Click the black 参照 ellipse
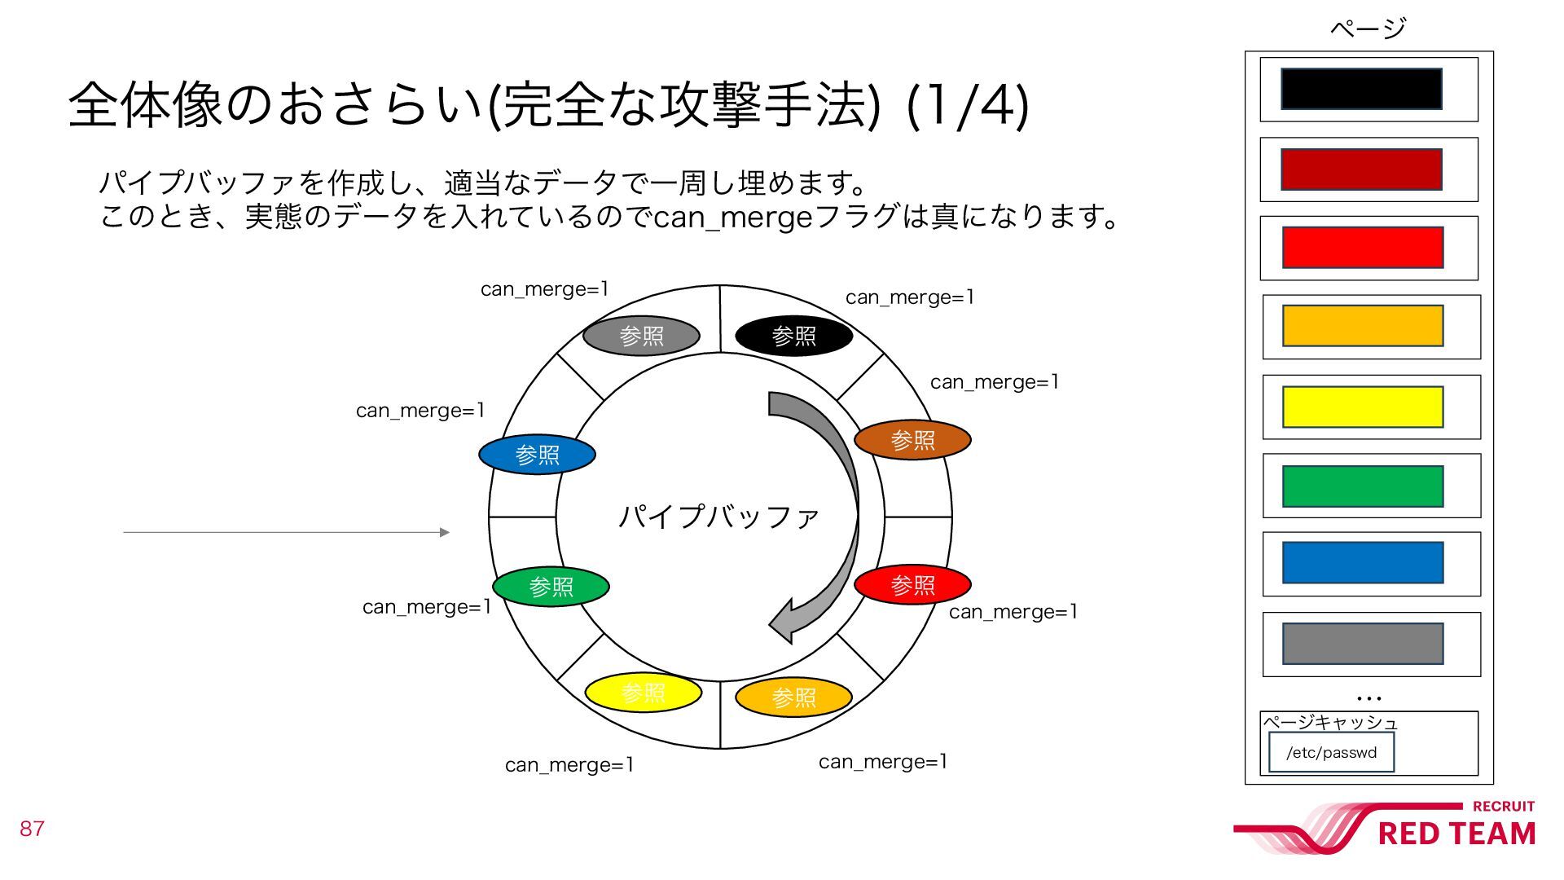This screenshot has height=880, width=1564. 793,336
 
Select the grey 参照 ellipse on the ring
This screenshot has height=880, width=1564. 641,336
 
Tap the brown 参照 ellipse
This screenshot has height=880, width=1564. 912,440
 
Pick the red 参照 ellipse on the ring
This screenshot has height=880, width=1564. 912,584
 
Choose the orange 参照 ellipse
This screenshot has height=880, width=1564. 793,697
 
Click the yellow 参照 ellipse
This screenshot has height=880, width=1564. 643,693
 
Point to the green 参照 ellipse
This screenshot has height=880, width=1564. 551,587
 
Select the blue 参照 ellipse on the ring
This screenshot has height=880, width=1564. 537,455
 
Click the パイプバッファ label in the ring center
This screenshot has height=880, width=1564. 718,517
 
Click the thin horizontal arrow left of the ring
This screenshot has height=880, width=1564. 285,532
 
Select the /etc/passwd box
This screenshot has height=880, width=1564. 1331,752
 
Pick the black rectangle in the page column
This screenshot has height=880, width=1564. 1361,89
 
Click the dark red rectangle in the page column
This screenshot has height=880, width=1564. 1361,169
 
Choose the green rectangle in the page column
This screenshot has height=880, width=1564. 1363,486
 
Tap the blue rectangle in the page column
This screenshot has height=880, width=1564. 1363,563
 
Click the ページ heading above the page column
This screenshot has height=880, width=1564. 1368,29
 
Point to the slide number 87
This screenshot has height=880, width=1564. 32,829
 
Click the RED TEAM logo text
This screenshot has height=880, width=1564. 1456,834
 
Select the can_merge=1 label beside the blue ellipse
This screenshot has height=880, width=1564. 420,411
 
